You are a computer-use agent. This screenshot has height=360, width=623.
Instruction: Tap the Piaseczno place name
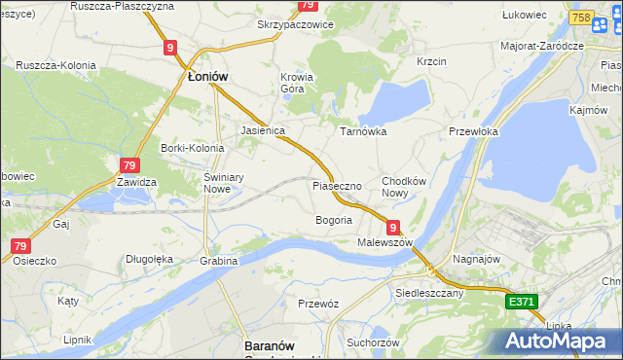[337, 185]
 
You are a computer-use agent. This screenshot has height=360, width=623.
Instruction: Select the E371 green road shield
[521, 304]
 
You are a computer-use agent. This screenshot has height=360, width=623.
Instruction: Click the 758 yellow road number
[582, 18]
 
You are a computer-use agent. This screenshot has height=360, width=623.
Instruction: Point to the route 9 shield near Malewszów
[393, 226]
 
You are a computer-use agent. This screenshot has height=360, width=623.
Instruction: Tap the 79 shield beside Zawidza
[129, 165]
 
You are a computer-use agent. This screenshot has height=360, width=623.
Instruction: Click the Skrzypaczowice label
[295, 24]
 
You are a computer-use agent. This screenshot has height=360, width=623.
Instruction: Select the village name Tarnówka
[362, 130]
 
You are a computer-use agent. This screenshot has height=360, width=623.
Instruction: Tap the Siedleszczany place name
[429, 292]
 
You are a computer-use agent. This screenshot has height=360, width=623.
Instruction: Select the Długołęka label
[149, 259]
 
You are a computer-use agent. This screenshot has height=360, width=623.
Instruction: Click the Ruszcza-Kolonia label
[55, 65]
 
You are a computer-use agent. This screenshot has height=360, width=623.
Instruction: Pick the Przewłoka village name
[473, 131]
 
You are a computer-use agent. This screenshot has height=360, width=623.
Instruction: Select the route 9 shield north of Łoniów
[170, 46]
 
